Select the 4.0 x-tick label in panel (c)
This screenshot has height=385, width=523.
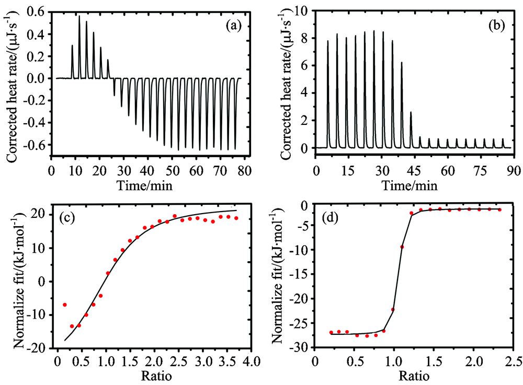(252, 361)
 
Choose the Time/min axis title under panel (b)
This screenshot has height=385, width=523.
(413, 184)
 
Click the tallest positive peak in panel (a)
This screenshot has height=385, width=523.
(79, 16)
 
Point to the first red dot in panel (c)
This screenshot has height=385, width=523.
(64, 305)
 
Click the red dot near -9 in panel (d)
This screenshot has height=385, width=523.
(402, 247)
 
